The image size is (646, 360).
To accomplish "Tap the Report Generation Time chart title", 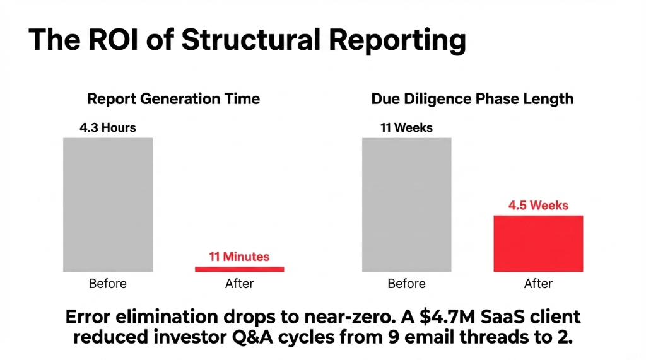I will coord(173,99).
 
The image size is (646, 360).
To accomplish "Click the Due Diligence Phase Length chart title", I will coord(472,99).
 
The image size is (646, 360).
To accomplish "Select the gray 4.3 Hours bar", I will coord(108,204).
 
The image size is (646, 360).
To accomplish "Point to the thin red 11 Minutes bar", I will coord(239,269).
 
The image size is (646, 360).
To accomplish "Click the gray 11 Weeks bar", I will coord(406,204).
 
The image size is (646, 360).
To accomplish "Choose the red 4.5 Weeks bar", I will coord(538,243).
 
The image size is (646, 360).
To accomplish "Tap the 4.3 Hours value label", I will coord(108,128).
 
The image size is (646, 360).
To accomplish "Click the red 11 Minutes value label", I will coord(239,257).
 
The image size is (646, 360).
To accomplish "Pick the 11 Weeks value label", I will coord(406,128).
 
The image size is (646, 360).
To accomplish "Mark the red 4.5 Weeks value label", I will coord(538,206).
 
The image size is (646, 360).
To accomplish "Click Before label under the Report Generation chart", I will coord(108,284).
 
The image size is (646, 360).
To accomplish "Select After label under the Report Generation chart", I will coord(239,284).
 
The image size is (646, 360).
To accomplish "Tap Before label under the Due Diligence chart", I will coord(406,284).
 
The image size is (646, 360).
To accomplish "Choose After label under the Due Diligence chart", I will coord(538,284).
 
